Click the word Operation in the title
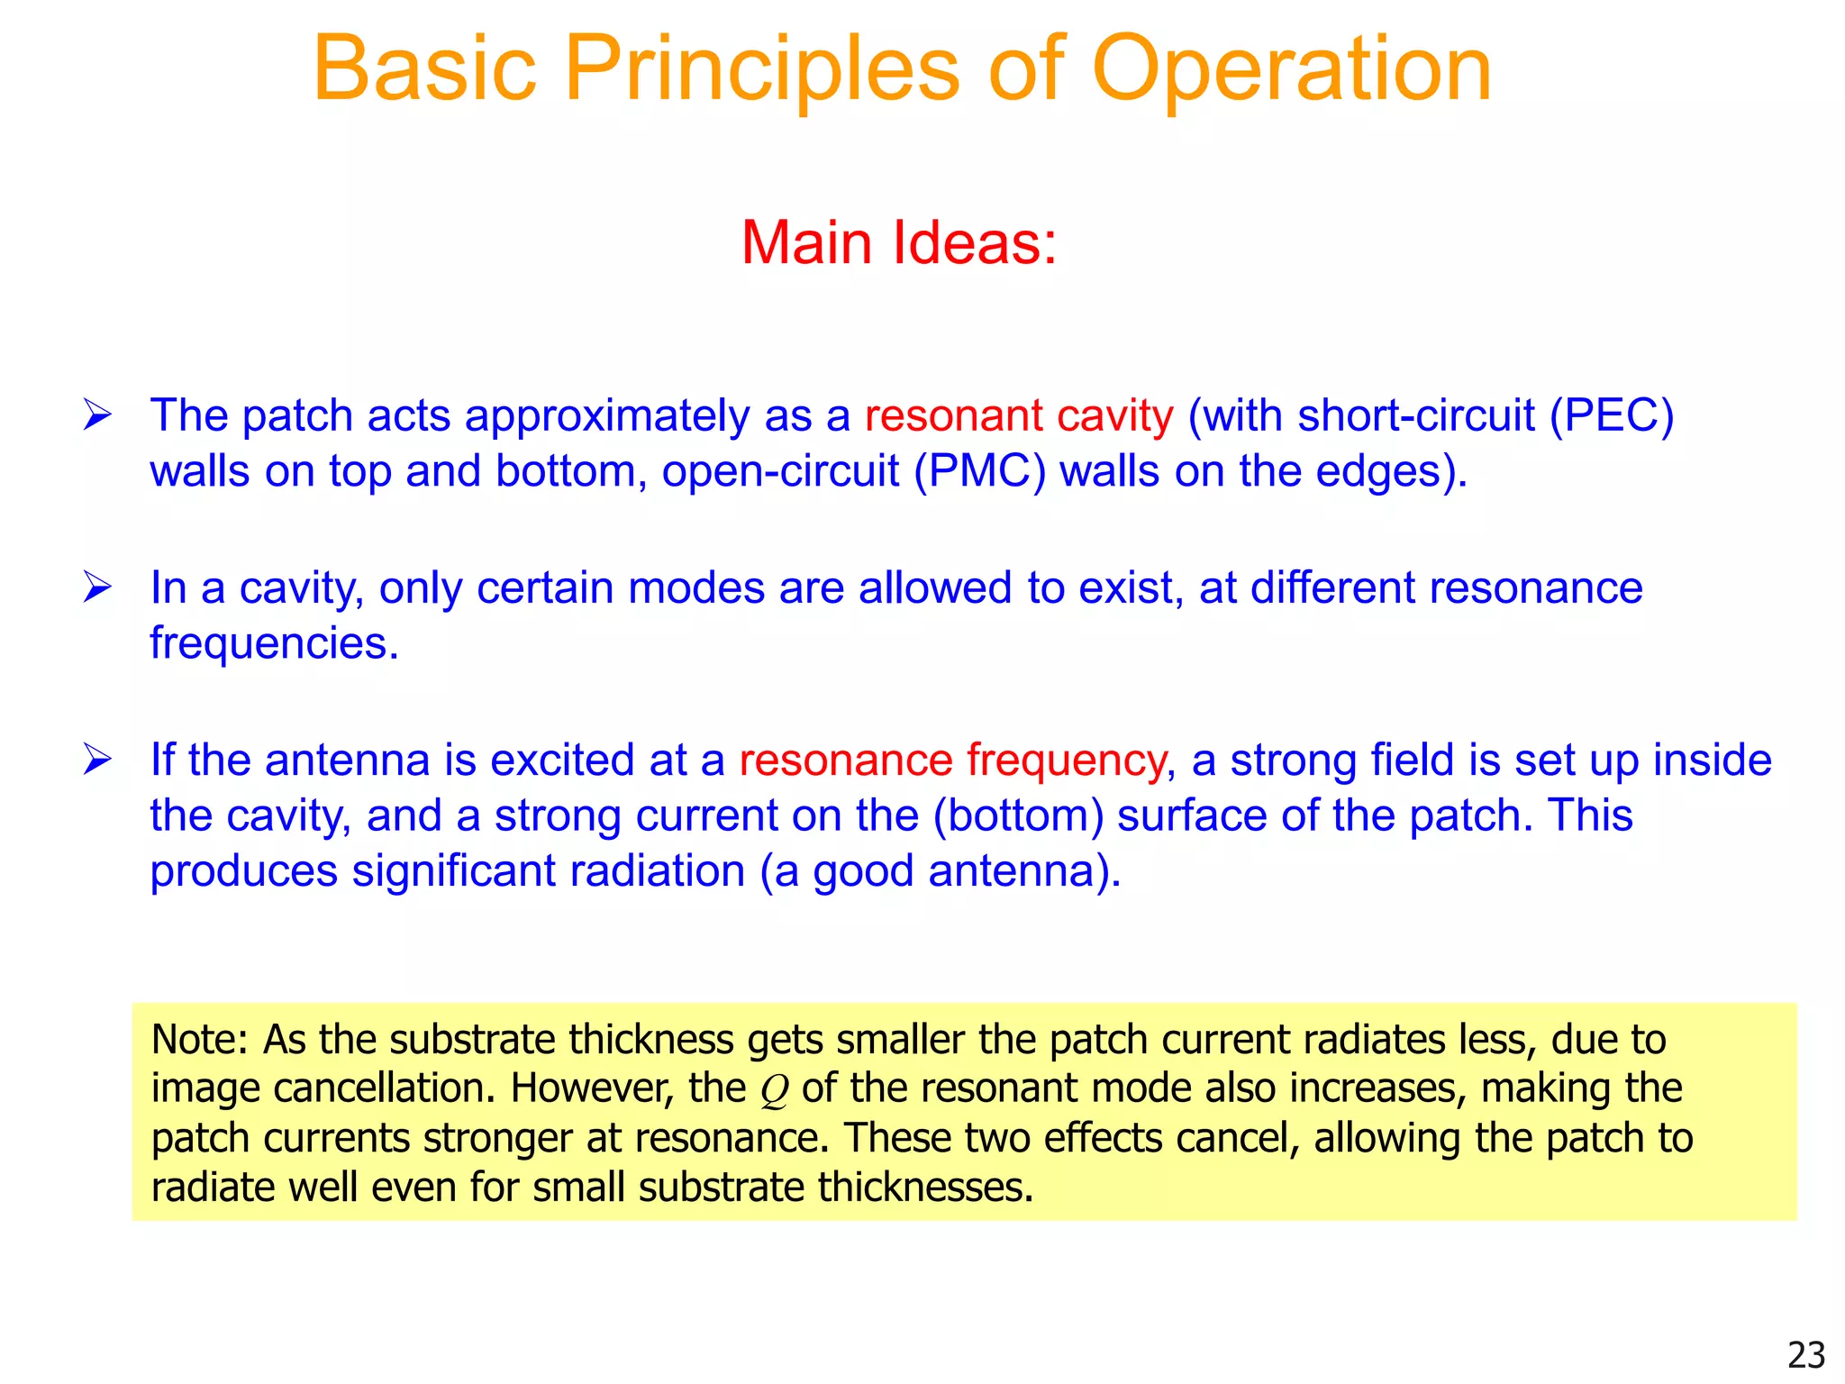(1291, 70)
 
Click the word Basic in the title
(424, 70)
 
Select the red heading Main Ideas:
(898, 242)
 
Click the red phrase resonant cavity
(1019, 415)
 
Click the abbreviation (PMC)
(979, 471)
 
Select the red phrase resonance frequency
(953, 760)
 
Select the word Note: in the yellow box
(199, 1040)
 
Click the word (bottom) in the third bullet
(1018, 815)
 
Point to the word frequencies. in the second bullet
(274, 643)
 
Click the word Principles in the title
(762, 70)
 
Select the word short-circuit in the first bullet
(1415, 415)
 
